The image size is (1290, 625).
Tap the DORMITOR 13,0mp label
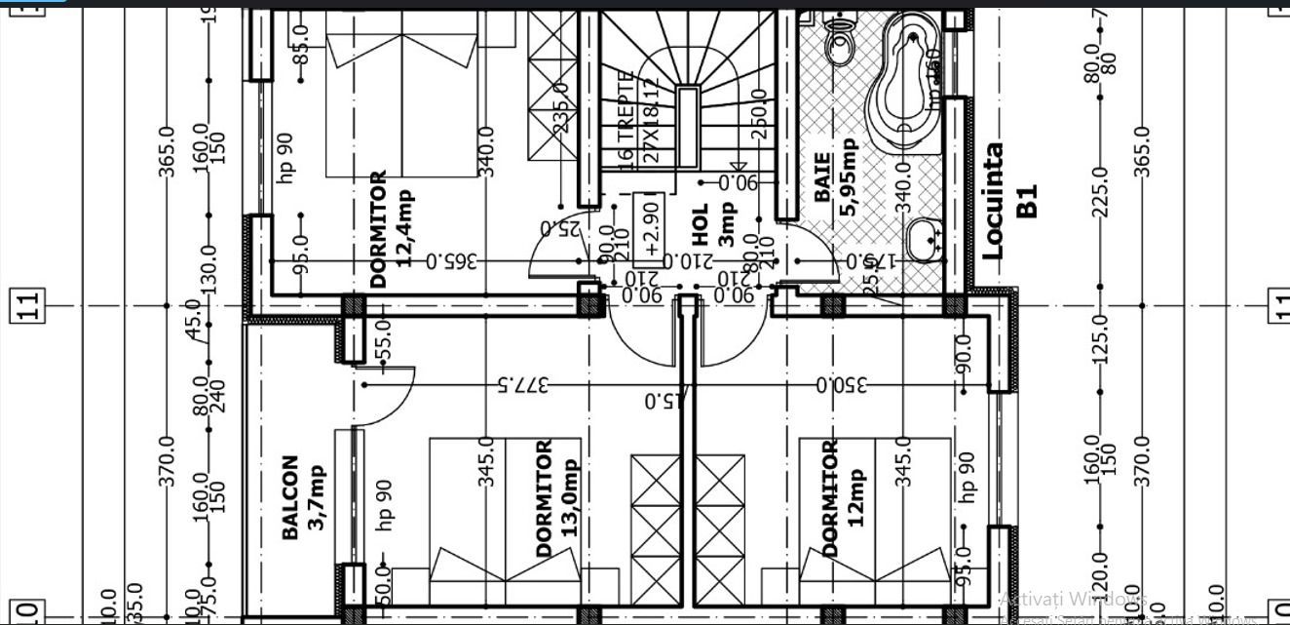(x=557, y=497)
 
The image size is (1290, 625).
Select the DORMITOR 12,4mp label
(x=392, y=229)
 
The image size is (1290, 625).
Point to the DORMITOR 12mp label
(x=842, y=497)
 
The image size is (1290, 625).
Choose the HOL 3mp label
(x=714, y=224)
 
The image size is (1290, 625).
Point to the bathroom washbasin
(x=924, y=237)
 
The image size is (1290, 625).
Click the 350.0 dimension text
(x=842, y=384)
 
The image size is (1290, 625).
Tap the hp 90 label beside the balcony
(x=383, y=499)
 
